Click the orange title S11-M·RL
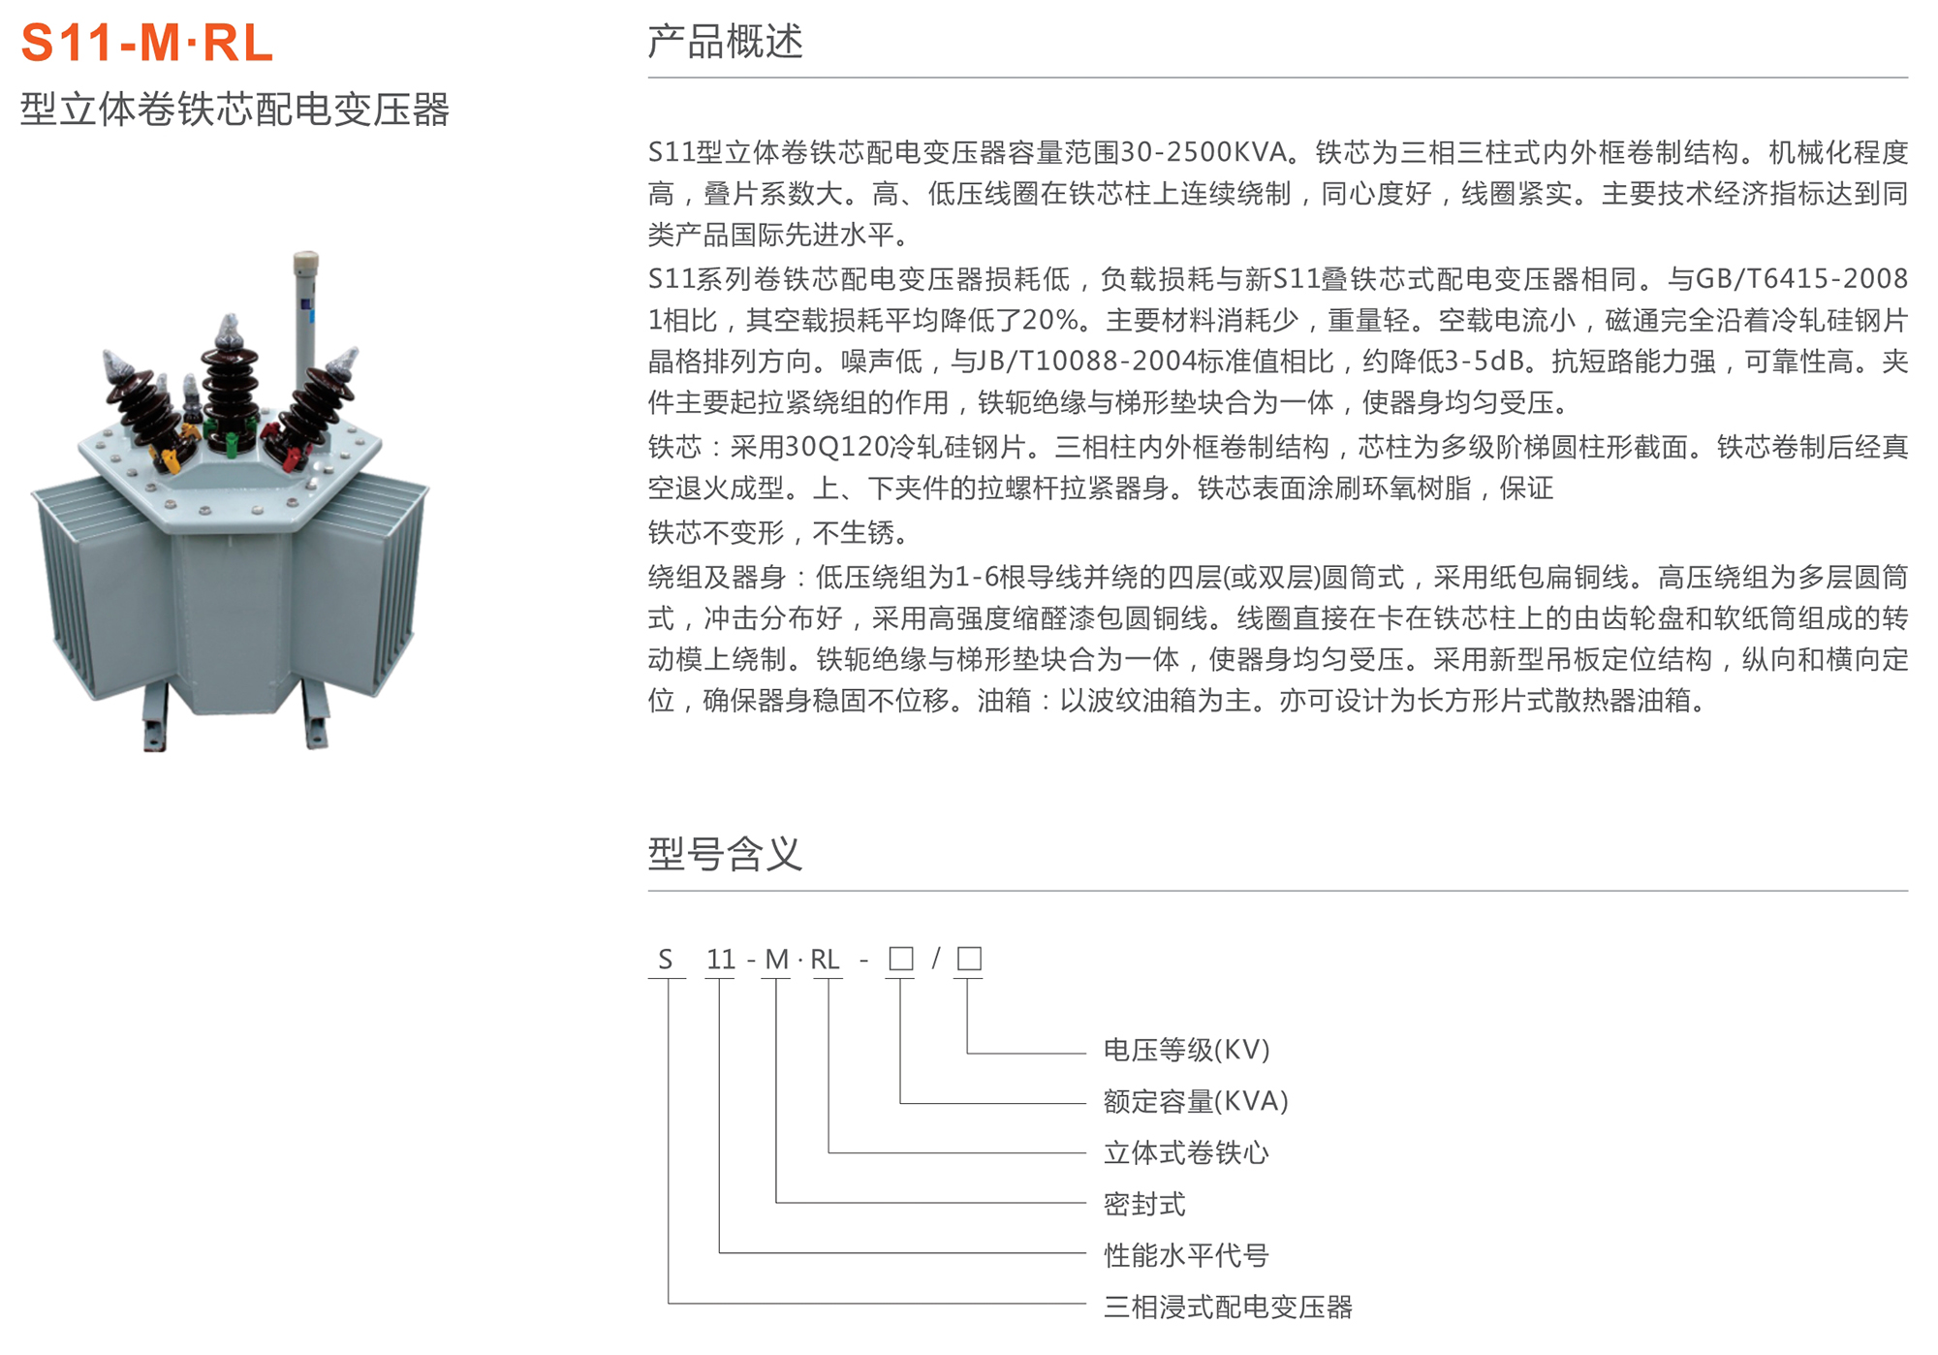click(x=147, y=44)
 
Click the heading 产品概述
click(x=725, y=42)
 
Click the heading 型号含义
click(x=725, y=854)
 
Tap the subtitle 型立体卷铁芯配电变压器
click(x=234, y=110)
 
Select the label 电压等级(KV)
click(x=1186, y=1050)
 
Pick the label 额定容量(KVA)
click(x=1196, y=1101)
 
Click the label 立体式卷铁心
click(x=1186, y=1152)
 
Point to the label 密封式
click(x=1144, y=1204)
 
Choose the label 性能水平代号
click(x=1186, y=1255)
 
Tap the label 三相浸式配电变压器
click(x=1228, y=1307)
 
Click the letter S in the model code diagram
click(x=665, y=960)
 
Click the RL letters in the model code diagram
click(x=825, y=960)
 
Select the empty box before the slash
click(x=900, y=959)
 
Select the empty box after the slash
click(x=969, y=959)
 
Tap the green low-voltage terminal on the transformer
click(x=233, y=444)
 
